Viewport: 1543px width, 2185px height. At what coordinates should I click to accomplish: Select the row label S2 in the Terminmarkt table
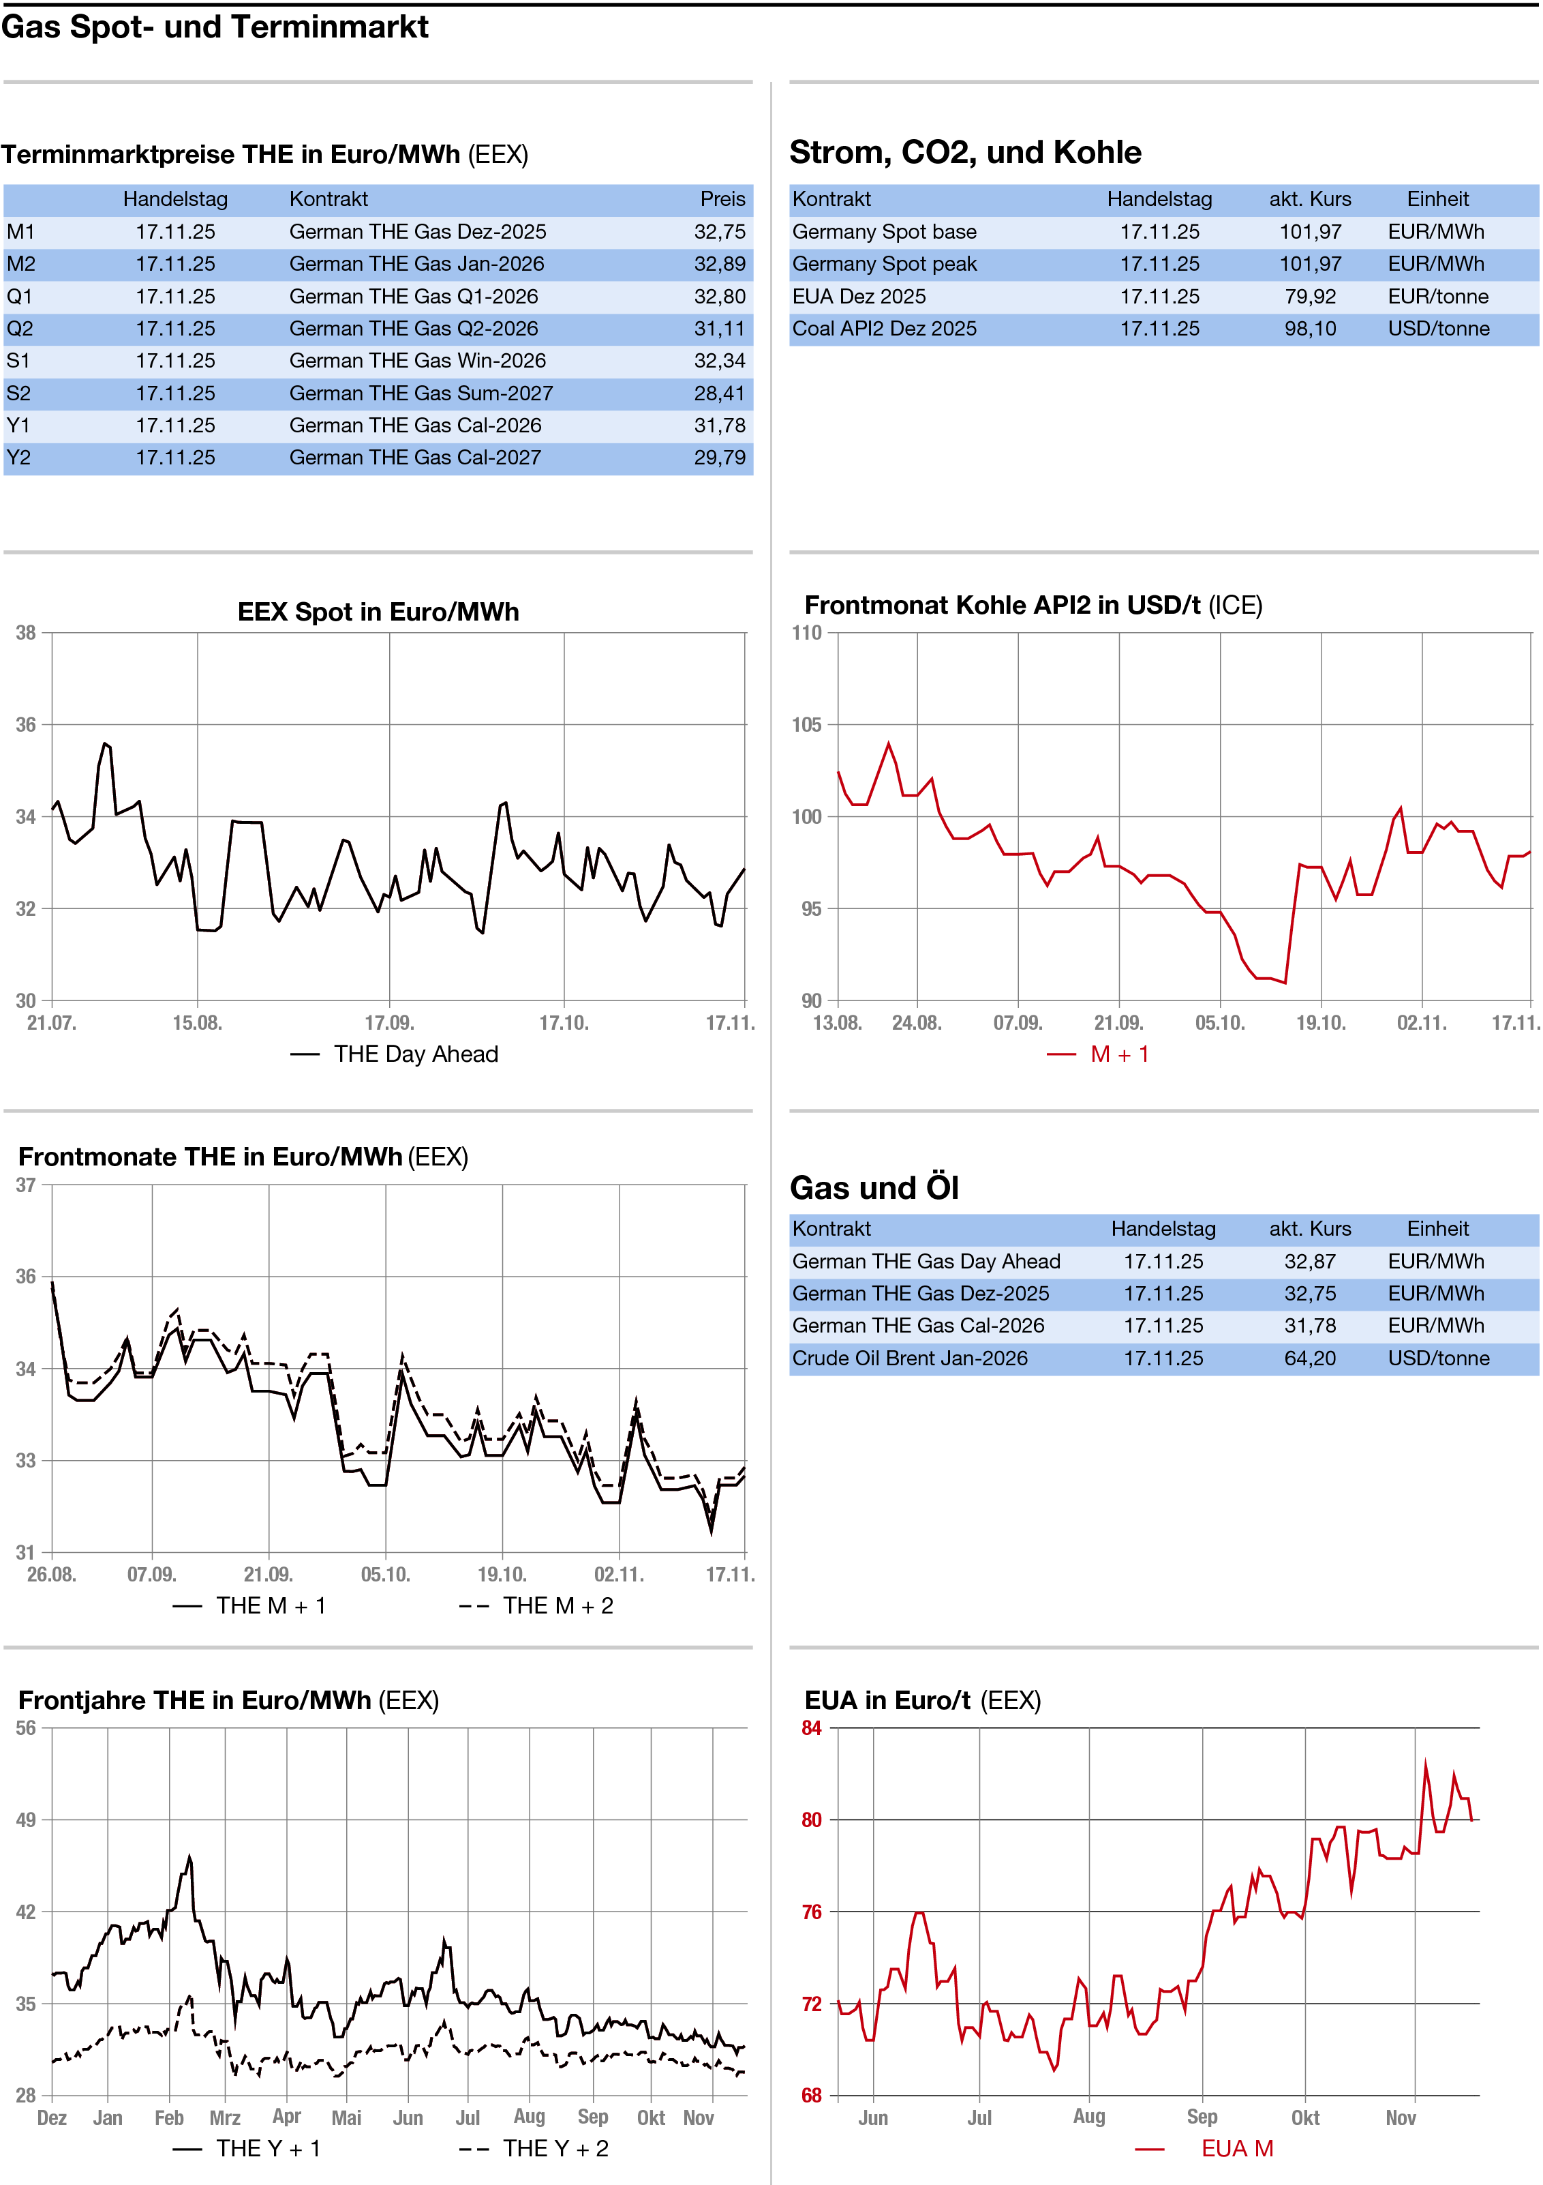pos(19,393)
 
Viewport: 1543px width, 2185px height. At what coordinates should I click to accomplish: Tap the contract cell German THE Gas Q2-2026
pos(414,328)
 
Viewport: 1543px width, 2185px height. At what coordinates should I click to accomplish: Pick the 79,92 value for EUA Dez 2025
pos(1310,296)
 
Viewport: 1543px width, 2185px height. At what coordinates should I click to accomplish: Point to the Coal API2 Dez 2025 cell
pos(884,328)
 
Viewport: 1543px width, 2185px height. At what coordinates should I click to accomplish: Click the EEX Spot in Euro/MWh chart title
pos(378,612)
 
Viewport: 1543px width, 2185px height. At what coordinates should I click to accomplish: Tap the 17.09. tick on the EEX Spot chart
pos(389,1023)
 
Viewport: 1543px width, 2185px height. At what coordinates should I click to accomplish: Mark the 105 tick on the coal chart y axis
pos(807,725)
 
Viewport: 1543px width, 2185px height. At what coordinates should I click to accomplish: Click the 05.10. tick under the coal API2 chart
pos(1219,1023)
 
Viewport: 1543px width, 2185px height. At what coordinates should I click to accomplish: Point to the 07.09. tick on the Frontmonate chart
pos(151,1574)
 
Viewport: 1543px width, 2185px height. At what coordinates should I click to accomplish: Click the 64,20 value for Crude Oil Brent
pos(1310,1358)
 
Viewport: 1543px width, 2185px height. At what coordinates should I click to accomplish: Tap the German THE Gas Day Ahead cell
pos(926,1261)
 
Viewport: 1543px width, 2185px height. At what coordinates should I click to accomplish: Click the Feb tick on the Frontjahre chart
pos(169,2117)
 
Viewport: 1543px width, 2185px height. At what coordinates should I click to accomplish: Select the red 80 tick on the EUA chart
pos(812,1819)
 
